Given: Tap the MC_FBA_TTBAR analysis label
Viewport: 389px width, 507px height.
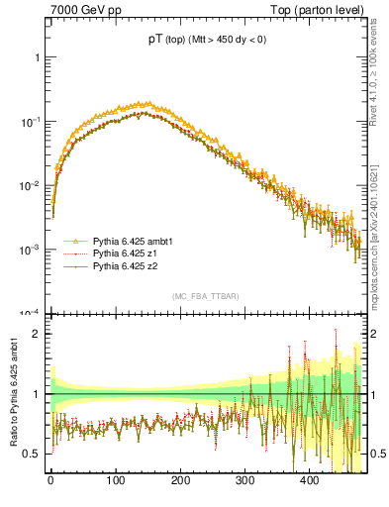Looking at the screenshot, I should [x=205, y=297].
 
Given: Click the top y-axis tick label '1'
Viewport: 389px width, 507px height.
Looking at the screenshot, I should [x=36, y=57].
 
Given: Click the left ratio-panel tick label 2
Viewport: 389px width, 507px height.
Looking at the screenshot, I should [x=36, y=334].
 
